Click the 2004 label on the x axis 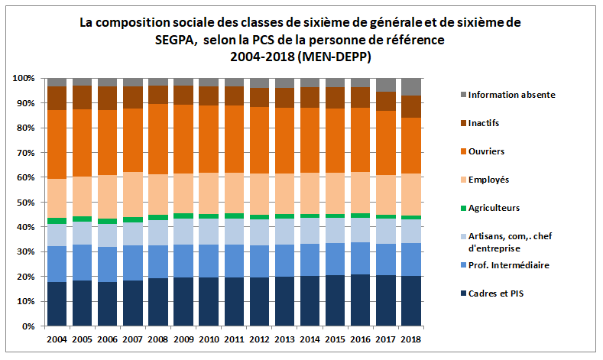coord(57,339)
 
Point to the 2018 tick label coord(410,339)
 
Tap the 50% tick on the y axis coord(24,203)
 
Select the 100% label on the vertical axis coord(22,79)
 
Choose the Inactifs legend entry coord(488,123)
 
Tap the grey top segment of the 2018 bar coord(410,86)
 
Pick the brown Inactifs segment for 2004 coord(57,99)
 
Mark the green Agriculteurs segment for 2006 coord(107,221)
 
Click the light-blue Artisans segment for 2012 coord(259,232)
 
